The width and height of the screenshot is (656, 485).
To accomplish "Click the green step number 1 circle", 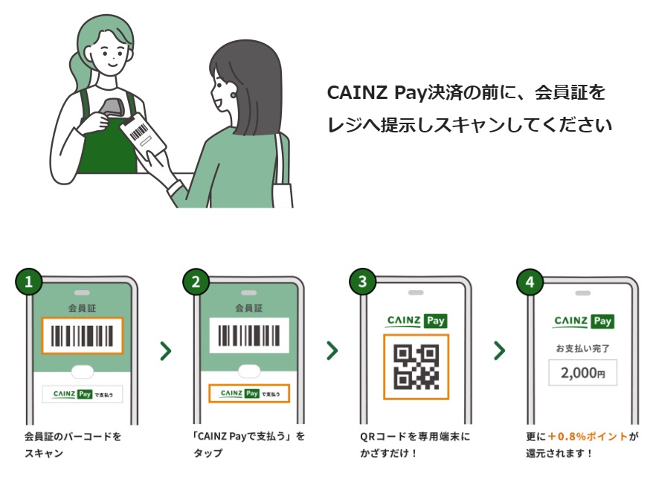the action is coord(29,282).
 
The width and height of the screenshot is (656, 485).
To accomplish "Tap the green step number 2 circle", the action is coord(196,282).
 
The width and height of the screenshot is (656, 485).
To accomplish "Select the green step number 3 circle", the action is coord(363,282).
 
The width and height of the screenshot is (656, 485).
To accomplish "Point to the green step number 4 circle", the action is coord(530,282).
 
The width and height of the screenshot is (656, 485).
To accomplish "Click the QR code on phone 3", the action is coord(417,367).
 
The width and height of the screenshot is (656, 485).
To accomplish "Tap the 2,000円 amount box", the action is coord(583,373).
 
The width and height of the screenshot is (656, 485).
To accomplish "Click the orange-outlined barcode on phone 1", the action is coord(82,335).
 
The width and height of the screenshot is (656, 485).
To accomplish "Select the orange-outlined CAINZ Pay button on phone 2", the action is coord(249,394).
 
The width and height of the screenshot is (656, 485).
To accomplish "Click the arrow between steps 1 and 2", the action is coord(166,350).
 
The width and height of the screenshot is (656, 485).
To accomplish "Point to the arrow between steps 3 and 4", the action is coord(500,350).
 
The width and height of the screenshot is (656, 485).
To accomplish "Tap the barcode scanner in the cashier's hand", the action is coord(112,109).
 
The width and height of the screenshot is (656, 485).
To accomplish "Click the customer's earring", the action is coord(233,95).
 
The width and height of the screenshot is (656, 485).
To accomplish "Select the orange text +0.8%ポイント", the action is coord(588,437).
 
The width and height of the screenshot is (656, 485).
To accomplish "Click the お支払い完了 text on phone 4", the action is coord(583,348).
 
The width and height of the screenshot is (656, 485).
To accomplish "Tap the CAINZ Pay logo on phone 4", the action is coord(583,321).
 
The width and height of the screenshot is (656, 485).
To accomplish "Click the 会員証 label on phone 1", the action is coord(82,309).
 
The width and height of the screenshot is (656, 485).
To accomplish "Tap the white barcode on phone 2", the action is coord(249,335).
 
